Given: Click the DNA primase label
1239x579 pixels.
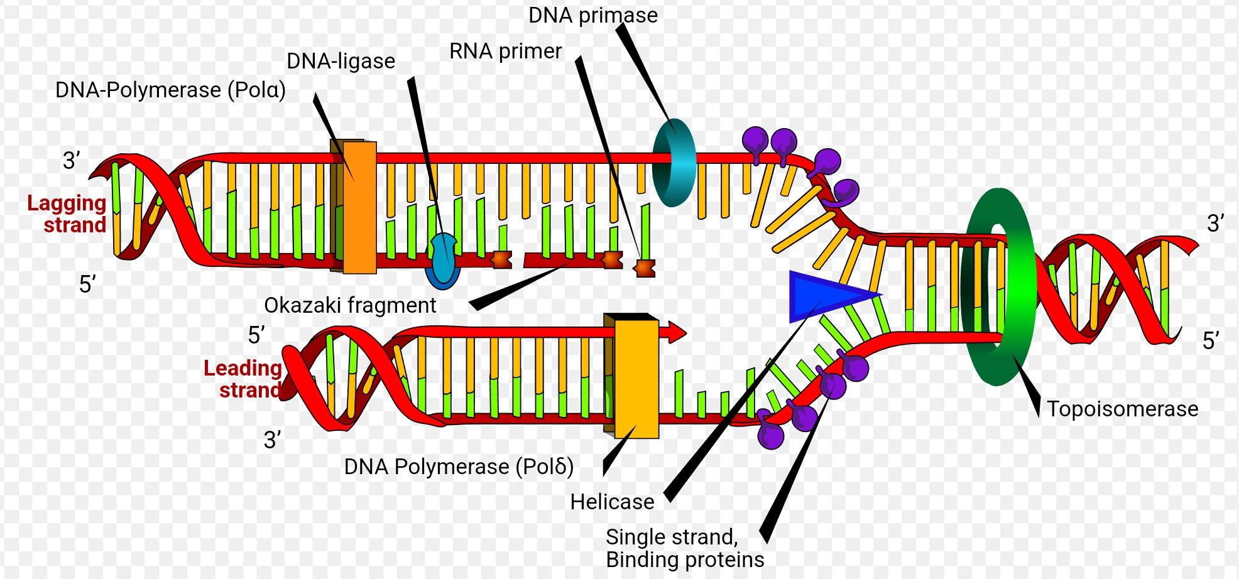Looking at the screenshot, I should pyautogui.click(x=592, y=15).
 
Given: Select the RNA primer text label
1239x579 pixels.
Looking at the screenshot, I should pyautogui.click(x=505, y=51).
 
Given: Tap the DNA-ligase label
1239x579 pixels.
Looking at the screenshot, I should pyautogui.click(x=341, y=61).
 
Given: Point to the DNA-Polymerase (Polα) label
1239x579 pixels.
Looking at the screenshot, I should pyautogui.click(x=170, y=90).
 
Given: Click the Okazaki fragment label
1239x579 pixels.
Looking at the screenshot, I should pyautogui.click(x=349, y=305).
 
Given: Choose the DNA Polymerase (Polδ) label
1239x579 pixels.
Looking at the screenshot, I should pyautogui.click(x=459, y=467).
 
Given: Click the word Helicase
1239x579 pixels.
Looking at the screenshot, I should pyautogui.click(x=612, y=502).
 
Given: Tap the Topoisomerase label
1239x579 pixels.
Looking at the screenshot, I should pyautogui.click(x=1122, y=409).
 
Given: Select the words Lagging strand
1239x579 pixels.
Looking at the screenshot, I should pyautogui.click(x=68, y=214).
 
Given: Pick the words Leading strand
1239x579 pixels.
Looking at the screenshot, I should pyautogui.click(x=243, y=379).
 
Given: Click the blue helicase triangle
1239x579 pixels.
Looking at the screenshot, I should pyautogui.click(x=823, y=295).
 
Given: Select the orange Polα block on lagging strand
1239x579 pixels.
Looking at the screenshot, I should pyautogui.click(x=359, y=207).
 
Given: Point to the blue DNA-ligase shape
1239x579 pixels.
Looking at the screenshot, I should pyautogui.click(x=444, y=261).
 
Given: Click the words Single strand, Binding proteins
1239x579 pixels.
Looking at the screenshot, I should pyautogui.click(x=684, y=548).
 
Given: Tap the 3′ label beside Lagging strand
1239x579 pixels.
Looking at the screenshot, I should pyautogui.click(x=72, y=161).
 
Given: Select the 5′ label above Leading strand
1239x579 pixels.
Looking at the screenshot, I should pyautogui.click(x=256, y=335).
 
